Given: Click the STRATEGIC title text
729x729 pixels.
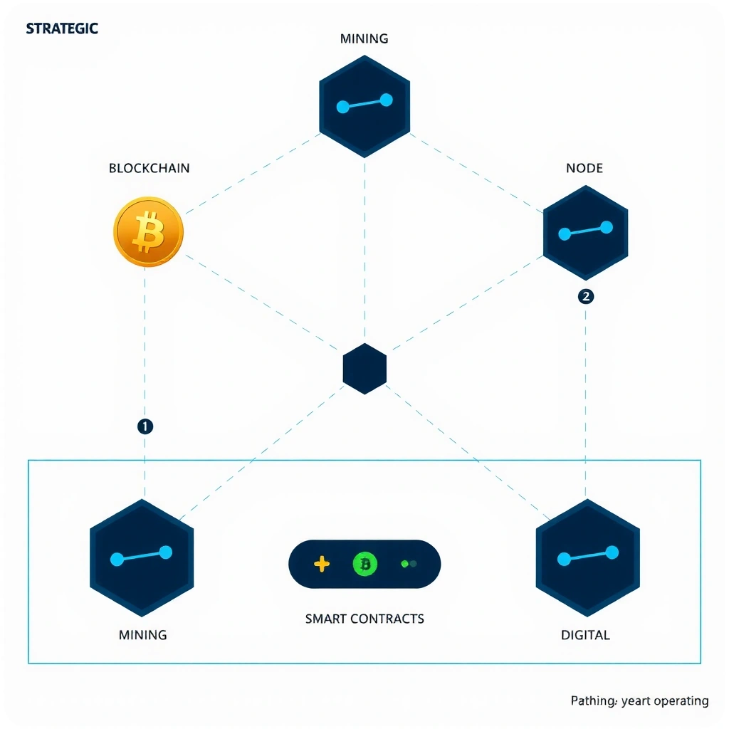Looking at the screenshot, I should point(62,29).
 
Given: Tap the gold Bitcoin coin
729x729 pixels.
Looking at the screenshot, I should point(148,232).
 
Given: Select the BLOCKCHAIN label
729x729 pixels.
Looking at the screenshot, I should point(149,169).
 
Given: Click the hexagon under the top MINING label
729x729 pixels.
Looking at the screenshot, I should point(364,105).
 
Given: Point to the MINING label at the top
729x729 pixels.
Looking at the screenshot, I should point(364,38).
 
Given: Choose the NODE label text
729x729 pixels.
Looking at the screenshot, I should point(584,169).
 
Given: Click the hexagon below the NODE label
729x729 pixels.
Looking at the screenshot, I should point(585,232).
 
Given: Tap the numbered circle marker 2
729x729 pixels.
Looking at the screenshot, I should point(586,297).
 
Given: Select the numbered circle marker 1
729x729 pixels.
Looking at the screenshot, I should point(145,426).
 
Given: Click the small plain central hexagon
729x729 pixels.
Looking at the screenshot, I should point(364,369).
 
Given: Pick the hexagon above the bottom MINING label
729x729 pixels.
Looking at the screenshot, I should point(142,557).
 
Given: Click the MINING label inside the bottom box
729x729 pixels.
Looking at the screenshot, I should point(142,634).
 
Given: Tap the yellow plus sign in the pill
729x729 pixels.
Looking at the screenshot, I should point(322,565).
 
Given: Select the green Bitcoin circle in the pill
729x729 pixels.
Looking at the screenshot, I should point(365,565).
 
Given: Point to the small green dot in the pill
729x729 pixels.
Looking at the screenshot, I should point(405,564).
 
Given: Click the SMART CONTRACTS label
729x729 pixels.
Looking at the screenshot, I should point(364,619).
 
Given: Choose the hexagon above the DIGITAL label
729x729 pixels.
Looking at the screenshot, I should point(587,557).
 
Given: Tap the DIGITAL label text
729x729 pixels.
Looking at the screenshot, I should point(585,634).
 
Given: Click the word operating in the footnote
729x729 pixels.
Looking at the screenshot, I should point(677,701).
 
